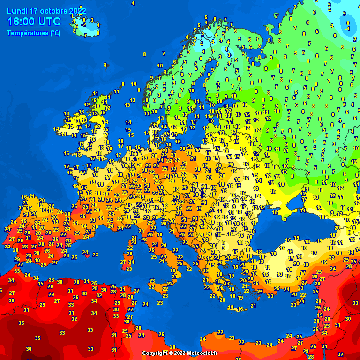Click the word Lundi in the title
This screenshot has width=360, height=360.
point(17,11)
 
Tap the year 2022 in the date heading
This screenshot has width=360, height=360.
point(77,11)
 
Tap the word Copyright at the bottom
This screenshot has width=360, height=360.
point(155,353)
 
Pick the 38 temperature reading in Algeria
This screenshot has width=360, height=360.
point(60,282)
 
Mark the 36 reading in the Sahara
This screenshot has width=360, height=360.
point(29,349)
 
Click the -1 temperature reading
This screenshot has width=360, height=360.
point(347,28)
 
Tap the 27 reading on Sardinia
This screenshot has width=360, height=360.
point(123,262)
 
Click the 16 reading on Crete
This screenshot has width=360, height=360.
point(240,309)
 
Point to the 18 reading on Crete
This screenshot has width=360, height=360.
point(230,307)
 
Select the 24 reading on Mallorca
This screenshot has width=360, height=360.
point(85,252)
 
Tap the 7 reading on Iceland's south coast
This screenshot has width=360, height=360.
point(86,35)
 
